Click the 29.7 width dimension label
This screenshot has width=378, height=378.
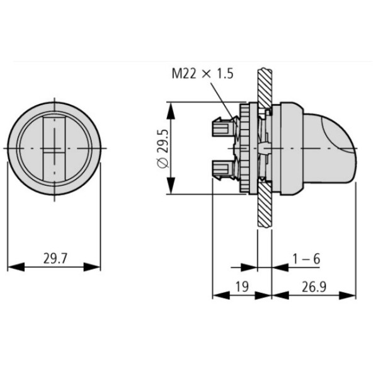56,258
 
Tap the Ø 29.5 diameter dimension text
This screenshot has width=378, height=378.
161,149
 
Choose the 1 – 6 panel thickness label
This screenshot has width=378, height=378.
307,258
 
